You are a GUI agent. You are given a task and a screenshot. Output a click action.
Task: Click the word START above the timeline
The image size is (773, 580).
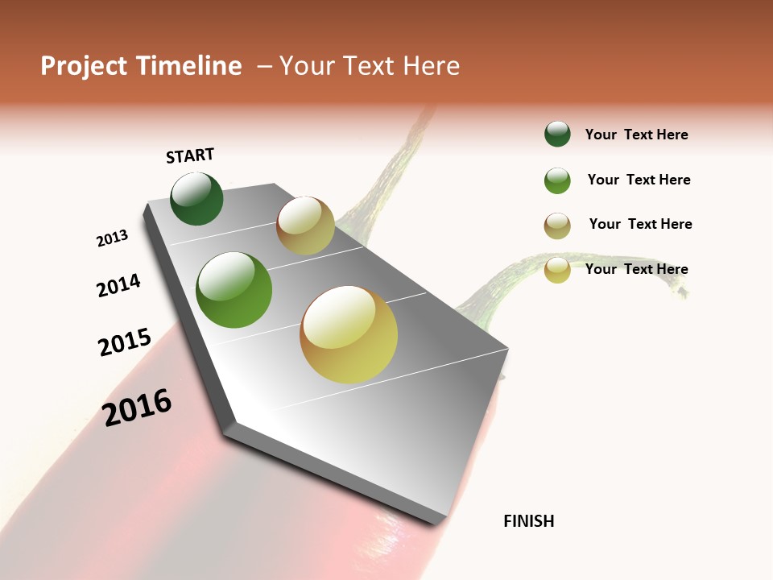[x=190, y=155]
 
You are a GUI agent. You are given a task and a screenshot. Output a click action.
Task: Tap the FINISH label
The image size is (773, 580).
[x=529, y=521]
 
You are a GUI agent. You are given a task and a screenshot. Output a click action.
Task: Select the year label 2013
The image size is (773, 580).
[x=112, y=238]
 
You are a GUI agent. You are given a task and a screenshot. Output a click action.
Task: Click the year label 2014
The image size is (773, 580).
[x=118, y=285]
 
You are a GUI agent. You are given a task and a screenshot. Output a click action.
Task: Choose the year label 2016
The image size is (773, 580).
[x=137, y=408]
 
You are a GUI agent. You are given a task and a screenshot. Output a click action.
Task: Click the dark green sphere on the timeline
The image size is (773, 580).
[x=196, y=199]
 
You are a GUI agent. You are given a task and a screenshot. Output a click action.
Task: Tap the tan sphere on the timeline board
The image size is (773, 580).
[x=305, y=226]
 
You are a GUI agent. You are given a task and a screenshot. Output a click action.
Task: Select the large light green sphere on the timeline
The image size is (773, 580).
[x=234, y=290]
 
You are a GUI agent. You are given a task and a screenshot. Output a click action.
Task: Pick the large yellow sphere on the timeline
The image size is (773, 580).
[x=349, y=334]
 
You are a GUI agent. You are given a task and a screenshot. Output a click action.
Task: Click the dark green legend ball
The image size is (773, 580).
[x=557, y=135]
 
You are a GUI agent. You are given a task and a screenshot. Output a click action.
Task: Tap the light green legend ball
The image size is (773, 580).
[x=557, y=180]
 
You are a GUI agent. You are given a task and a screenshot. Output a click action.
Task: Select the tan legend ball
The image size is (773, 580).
[x=557, y=226]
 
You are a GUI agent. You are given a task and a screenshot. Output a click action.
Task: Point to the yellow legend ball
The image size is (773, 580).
[x=557, y=270]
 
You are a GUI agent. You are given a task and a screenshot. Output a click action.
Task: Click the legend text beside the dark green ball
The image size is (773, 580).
[x=636, y=135]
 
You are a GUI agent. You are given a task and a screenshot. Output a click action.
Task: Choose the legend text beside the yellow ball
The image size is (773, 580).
[x=636, y=269]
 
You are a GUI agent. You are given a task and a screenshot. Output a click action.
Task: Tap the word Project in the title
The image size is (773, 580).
[x=84, y=66]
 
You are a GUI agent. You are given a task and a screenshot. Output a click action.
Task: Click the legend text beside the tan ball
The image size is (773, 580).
[x=640, y=224]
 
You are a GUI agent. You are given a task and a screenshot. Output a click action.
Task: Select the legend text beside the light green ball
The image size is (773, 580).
[x=639, y=180]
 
